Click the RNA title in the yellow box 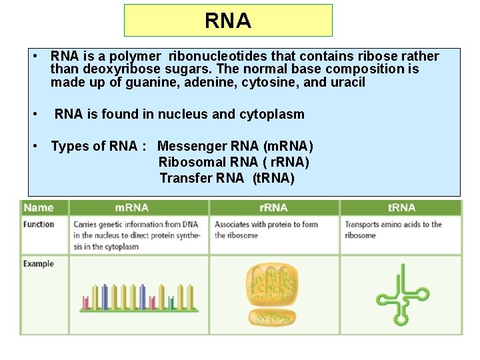click(x=228, y=21)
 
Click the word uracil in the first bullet click(x=347, y=83)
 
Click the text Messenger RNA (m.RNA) click(x=235, y=146)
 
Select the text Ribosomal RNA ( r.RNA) click(x=234, y=162)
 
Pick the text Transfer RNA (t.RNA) click(x=227, y=178)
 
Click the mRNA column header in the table click(x=132, y=208)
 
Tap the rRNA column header click(x=273, y=208)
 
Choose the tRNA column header click(x=401, y=208)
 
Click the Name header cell click(x=39, y=208)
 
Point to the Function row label click(x=39, y=225)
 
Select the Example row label click(x=39, y=264)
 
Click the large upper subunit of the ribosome click(x=273, y=283)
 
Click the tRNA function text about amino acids click(x=393, y=230)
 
